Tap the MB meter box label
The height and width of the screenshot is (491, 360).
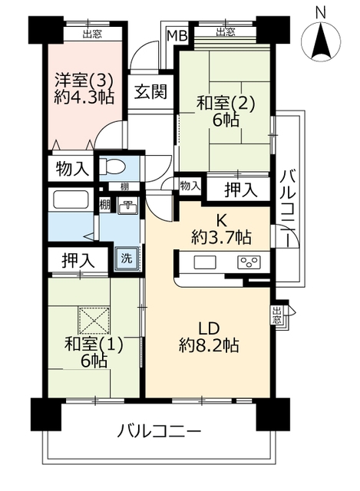pos(177,35)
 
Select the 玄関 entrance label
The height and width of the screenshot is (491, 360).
pos(150,91)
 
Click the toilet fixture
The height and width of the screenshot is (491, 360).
pos(112,165)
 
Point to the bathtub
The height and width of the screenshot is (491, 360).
pos(71,199)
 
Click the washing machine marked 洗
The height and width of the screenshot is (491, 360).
pos(127,259)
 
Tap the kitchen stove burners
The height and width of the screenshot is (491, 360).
pos(249,262)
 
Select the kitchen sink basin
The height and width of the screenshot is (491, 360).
pos(205,262)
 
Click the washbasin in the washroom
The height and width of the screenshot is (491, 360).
pos(127,207)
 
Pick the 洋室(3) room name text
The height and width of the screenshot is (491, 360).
pos(84,80)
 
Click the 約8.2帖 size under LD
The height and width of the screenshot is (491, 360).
pos(209,346)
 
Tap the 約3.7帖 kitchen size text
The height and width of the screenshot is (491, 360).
pos(221,238)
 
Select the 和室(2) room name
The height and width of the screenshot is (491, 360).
pos(225,104)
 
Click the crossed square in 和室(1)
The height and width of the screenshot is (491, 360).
pos(94,321)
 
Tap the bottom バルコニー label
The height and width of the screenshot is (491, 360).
pos(159,432)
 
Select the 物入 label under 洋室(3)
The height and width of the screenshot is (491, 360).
pos(71,169)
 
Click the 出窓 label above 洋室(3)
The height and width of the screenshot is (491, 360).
pos(92,34)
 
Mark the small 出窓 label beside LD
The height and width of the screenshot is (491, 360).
pos(276,315)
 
